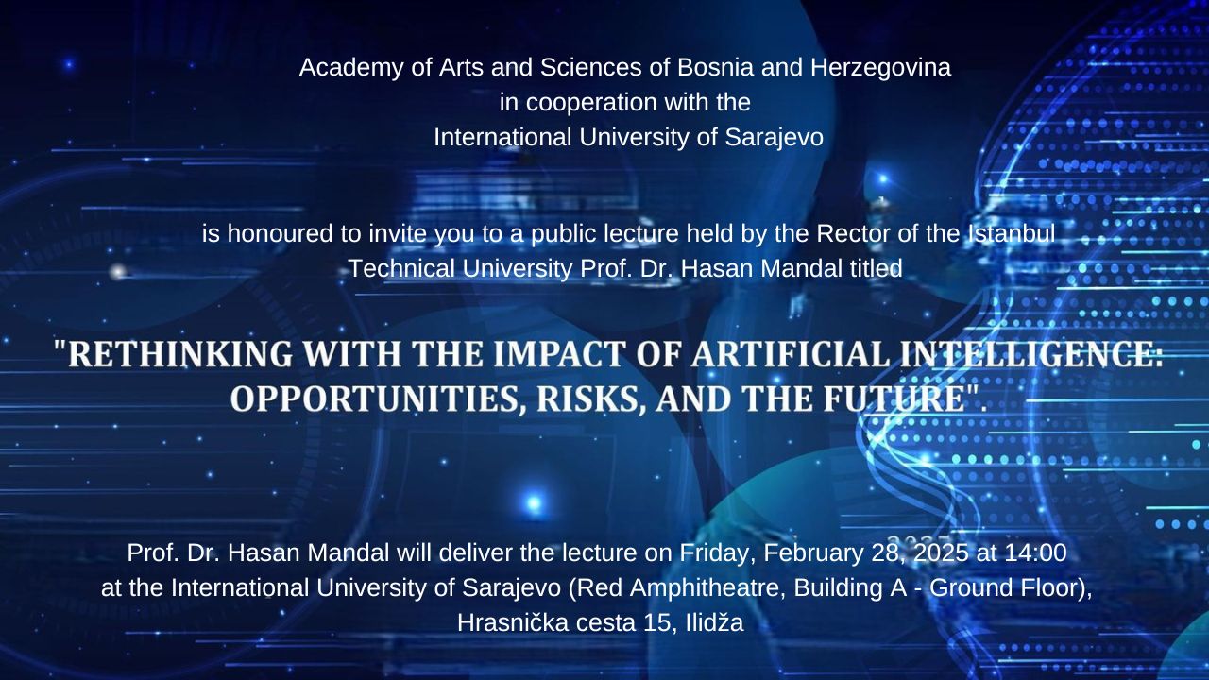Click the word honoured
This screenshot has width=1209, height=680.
(x=278, y=233)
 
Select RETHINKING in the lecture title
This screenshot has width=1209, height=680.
(x=180, y=354)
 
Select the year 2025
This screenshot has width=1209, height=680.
(x=942, y=553)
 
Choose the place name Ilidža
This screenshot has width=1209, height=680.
(x=714, y=623)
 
